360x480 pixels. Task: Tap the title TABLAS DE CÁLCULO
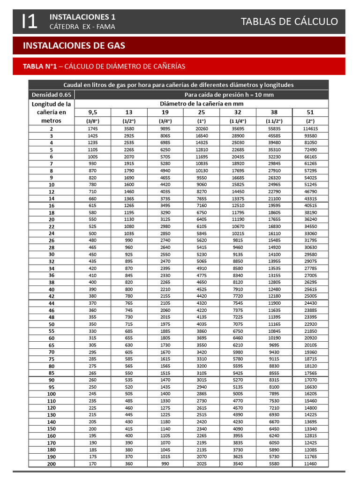(289, 21)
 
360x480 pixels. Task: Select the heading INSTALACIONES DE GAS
(74, 45)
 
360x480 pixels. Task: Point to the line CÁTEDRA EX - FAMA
(82, 27)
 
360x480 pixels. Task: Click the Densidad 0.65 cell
(52, 95)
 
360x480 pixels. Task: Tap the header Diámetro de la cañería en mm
(202, 103)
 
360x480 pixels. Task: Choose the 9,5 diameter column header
(93, 112)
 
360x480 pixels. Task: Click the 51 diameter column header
(310, 112)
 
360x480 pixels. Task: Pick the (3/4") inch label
(165, 120)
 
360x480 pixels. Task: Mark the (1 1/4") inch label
(238, 120)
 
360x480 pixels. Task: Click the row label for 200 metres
(52, 464)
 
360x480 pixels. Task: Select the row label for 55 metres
(52, 331)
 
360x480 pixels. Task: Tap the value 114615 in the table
(310, 128)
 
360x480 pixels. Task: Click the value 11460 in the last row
(310, 464)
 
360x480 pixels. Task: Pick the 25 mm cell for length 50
(201, 324)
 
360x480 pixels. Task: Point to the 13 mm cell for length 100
(129, 394)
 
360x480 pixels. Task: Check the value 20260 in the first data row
(201, 128)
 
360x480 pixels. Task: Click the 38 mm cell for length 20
(274, 219)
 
